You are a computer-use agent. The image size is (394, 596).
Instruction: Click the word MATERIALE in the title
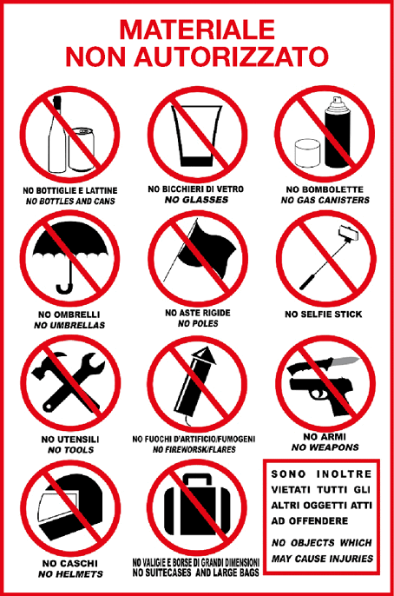[x=197, y=30]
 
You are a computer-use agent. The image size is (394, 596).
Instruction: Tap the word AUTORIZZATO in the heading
[x=231, y=56]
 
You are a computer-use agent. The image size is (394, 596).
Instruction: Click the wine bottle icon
[x=56, y=134]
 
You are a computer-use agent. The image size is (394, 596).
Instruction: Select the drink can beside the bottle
[x=82, y=149]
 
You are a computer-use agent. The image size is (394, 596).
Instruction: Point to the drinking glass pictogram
[x=196, y=136]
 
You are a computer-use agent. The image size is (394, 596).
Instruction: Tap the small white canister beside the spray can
[x=308, y=153]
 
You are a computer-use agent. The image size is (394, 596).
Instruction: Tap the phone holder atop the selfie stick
[x=349, y=233]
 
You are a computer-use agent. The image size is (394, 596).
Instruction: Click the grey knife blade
[x=345, y=361]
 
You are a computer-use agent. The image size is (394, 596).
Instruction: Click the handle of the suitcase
[x=197, y=479]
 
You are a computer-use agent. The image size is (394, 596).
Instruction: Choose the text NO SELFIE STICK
[x=324, y=315]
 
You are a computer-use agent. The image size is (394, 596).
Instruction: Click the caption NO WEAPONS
[x=325, y=447]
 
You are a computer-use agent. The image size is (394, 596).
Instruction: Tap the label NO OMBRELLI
[x=69, y=315]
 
